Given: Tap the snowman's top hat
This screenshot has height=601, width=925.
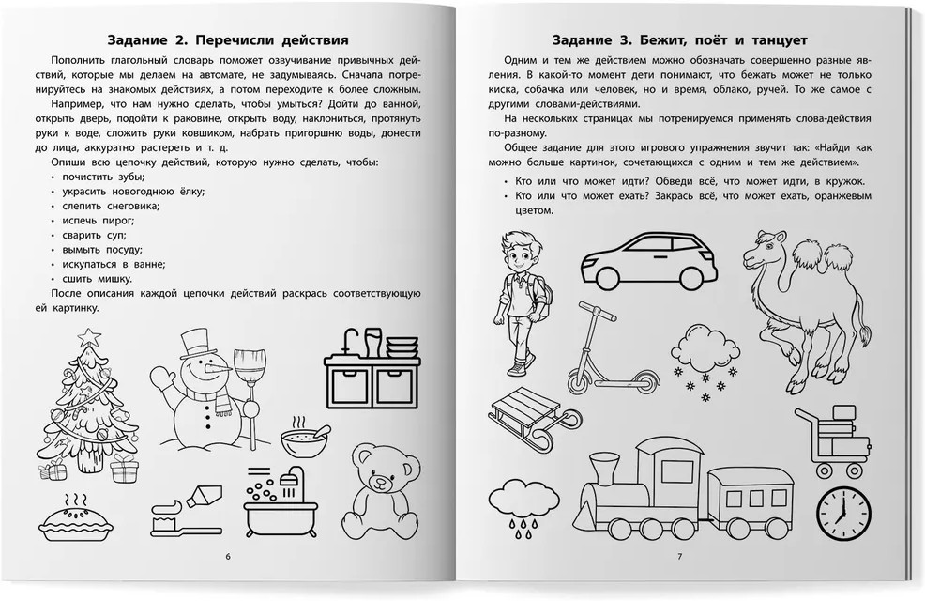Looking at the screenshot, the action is [x=195, y=345].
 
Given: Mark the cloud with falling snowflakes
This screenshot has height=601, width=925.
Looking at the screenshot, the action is [x=705, y=362].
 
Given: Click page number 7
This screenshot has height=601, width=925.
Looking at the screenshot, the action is [x=679, y=556].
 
